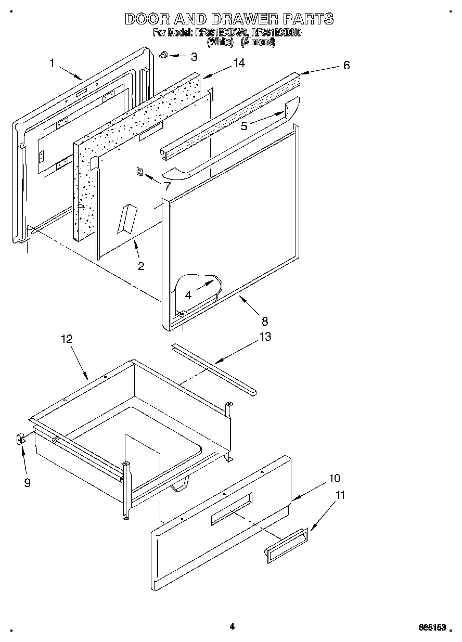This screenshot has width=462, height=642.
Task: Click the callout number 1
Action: [x=52, y=63]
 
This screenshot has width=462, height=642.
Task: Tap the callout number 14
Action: [x=239, y=62]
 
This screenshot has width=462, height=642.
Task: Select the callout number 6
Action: [x=346, y=65]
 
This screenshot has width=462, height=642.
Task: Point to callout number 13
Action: [x=265, y=337]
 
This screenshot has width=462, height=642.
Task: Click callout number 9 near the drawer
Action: [x=27, y=482]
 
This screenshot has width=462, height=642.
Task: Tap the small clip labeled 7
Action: [x=139, y=172]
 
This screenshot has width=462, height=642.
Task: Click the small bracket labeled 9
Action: [x=20, y=440]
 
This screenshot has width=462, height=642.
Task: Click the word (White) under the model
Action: [x=220, y=43]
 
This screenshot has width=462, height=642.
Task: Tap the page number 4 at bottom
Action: [x=232, y=627]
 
